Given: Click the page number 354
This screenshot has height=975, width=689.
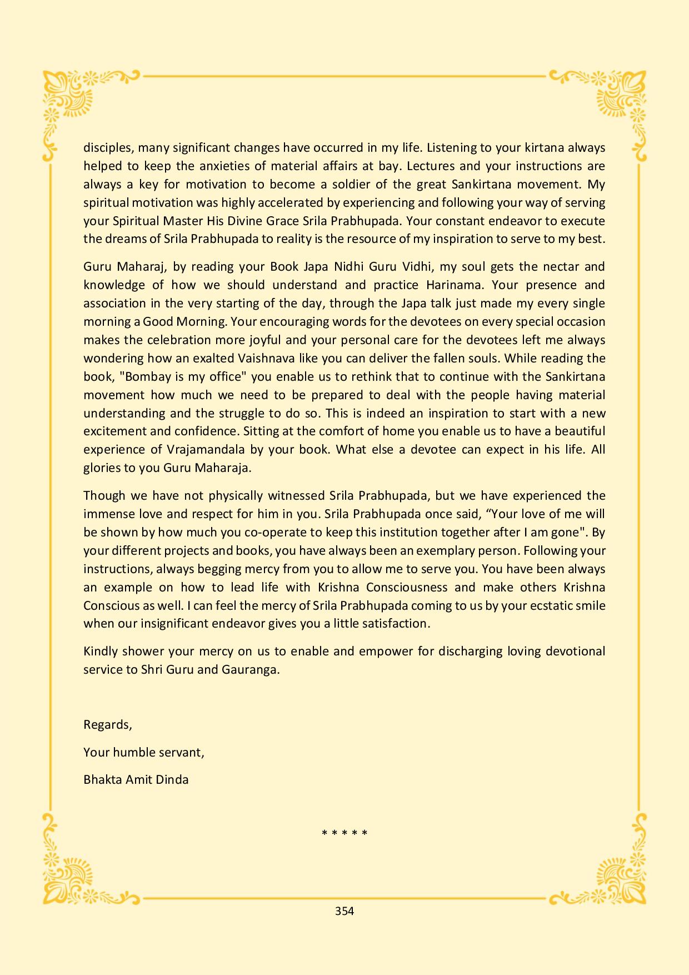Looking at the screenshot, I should [x=344, y=911].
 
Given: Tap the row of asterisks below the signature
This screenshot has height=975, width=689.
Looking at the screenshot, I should [x=344, y=833].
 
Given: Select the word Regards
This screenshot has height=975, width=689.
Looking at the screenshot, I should [x=107, y=725].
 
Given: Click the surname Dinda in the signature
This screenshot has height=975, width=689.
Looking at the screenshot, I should [x=173, y=779].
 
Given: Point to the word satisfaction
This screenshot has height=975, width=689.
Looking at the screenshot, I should [x=396, y=624].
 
